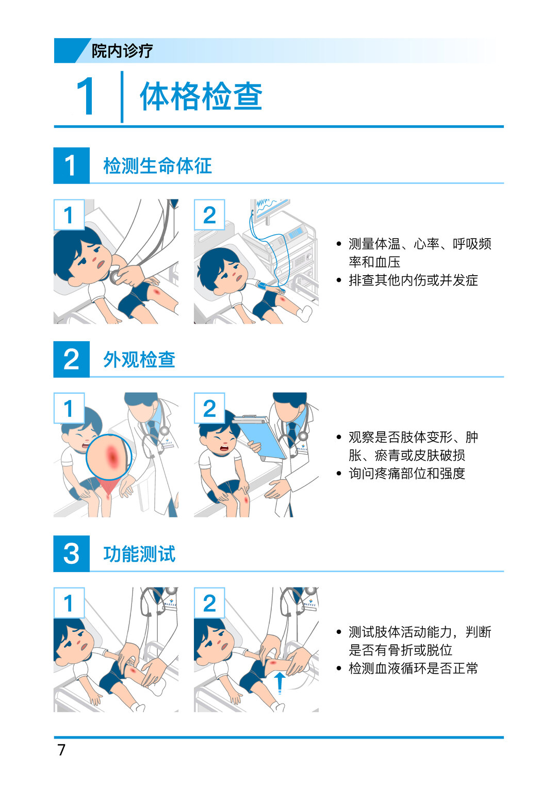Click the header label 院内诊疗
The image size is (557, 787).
click(122, 51)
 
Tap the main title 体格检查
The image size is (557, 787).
click(201, 96)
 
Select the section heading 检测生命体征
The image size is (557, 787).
click(157, 166)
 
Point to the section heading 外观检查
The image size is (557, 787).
click(139, 359)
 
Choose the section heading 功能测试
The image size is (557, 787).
click(139, 554)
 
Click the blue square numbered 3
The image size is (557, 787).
click(71, 554)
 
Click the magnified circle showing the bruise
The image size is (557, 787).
click(109, 457)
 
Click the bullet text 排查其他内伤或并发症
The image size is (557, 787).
click(413, 280)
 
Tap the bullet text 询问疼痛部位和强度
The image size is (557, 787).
click(407, 474)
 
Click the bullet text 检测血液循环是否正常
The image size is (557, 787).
click(413, 668)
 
